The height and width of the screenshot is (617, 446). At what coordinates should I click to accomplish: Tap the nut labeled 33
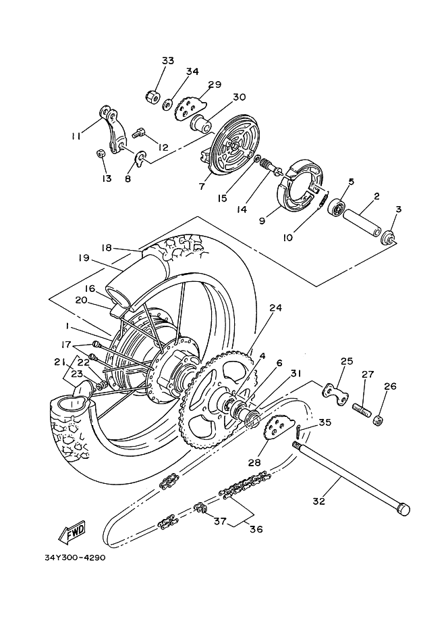[x=153, y=97]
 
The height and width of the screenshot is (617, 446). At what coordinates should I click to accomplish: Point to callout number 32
[x=319, y=501]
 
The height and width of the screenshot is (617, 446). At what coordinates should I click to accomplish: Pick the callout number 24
[x=275, y=307]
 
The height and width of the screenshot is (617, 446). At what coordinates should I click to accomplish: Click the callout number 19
[x=84, y=257]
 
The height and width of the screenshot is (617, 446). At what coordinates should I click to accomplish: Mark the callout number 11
[x=75, y=136]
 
